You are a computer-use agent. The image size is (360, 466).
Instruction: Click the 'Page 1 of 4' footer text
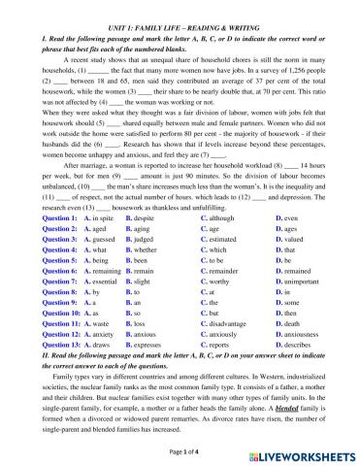(180, 453)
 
